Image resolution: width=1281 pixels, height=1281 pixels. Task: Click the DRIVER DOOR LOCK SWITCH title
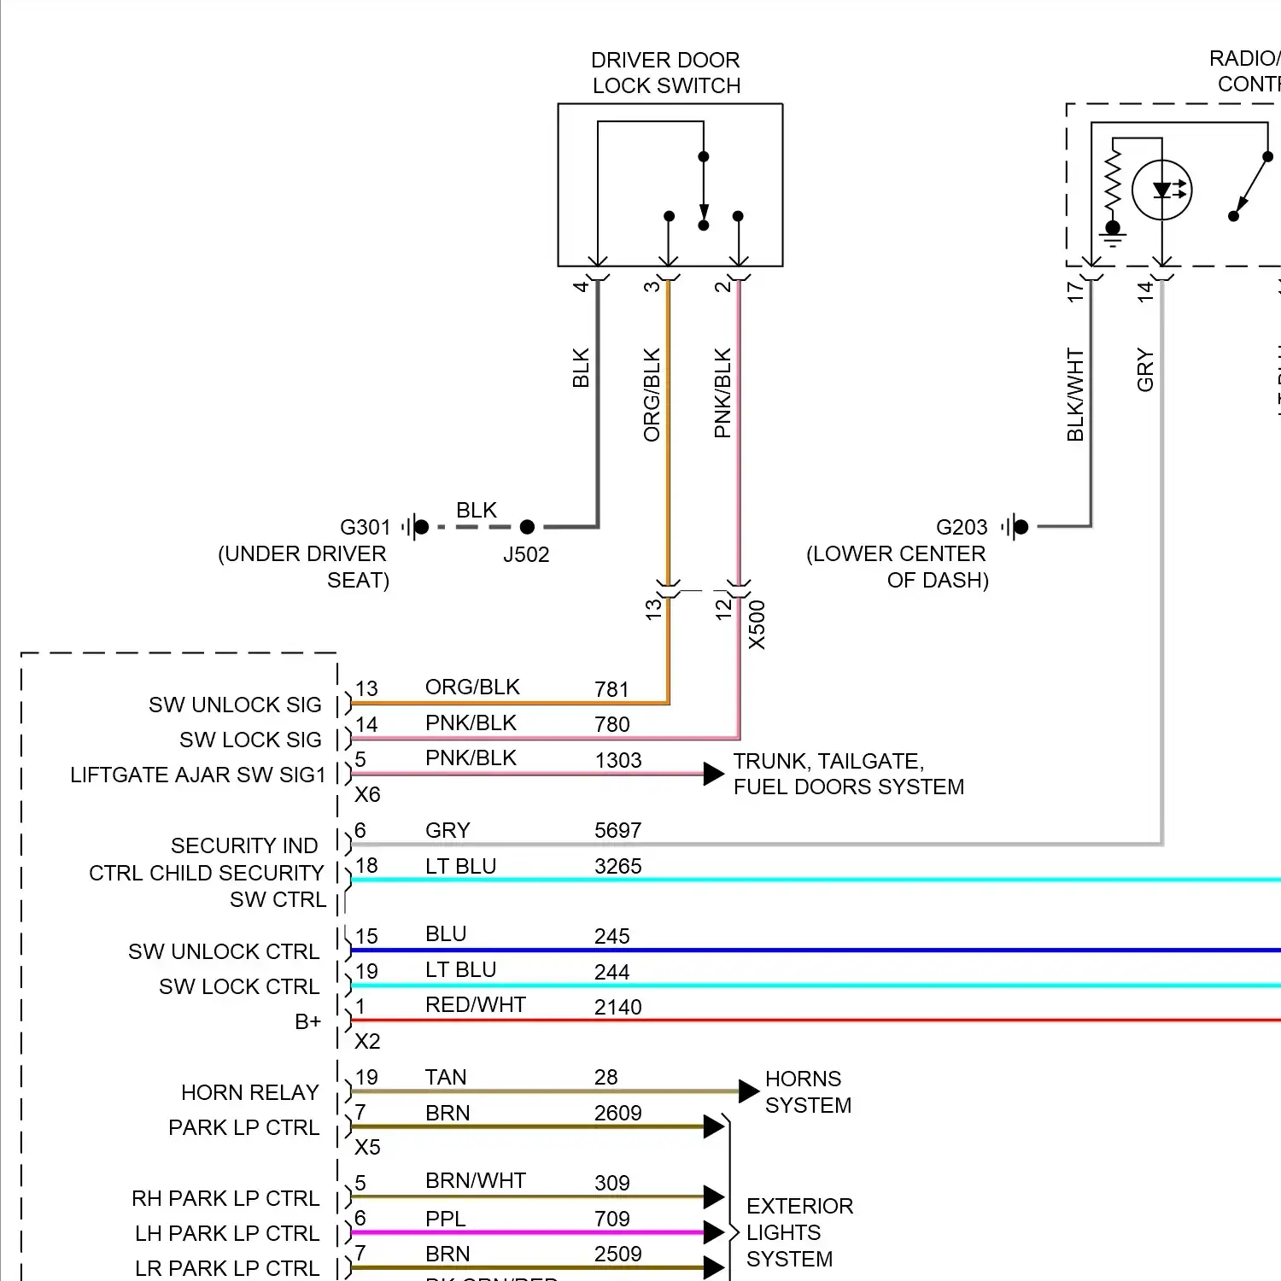666,73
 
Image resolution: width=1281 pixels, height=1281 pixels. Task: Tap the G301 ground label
365,527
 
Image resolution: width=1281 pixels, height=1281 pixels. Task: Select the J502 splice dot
527,527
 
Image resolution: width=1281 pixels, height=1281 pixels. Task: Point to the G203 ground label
961,527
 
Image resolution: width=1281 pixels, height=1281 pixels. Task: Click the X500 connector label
757,624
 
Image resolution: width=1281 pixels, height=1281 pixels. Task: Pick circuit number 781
611,689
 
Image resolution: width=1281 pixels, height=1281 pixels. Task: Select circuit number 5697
617,830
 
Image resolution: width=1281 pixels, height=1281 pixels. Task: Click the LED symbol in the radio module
1161,190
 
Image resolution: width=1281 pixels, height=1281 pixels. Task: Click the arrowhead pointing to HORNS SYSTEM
748,1091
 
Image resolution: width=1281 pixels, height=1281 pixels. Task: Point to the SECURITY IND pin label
244,845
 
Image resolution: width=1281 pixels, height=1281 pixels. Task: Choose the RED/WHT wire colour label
475,1005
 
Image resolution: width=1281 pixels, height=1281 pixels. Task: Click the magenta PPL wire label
446,1219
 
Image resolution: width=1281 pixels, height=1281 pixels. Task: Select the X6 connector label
367,794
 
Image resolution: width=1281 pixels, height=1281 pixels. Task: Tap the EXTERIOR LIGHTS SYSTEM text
799,1232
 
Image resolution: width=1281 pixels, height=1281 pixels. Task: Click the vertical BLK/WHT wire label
1075,395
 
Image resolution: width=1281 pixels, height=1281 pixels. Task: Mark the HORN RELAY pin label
249,1092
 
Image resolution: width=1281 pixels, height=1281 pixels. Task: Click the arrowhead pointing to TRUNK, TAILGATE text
713,774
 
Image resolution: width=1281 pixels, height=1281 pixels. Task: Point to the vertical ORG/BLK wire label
652,395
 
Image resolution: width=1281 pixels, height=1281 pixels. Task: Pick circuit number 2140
617,1007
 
